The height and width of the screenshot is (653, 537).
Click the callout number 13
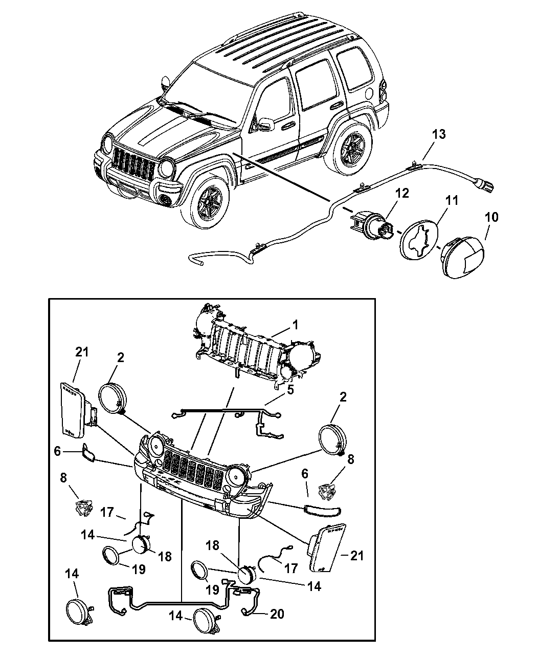[438, 134]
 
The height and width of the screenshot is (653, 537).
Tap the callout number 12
[401, 194]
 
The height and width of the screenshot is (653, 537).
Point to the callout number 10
[491, 218]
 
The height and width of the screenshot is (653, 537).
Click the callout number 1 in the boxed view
[295, 324]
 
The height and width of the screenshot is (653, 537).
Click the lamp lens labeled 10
[463, 258]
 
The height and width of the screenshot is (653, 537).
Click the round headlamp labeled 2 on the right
[331, 439]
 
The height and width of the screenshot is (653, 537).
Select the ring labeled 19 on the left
[113, 556]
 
